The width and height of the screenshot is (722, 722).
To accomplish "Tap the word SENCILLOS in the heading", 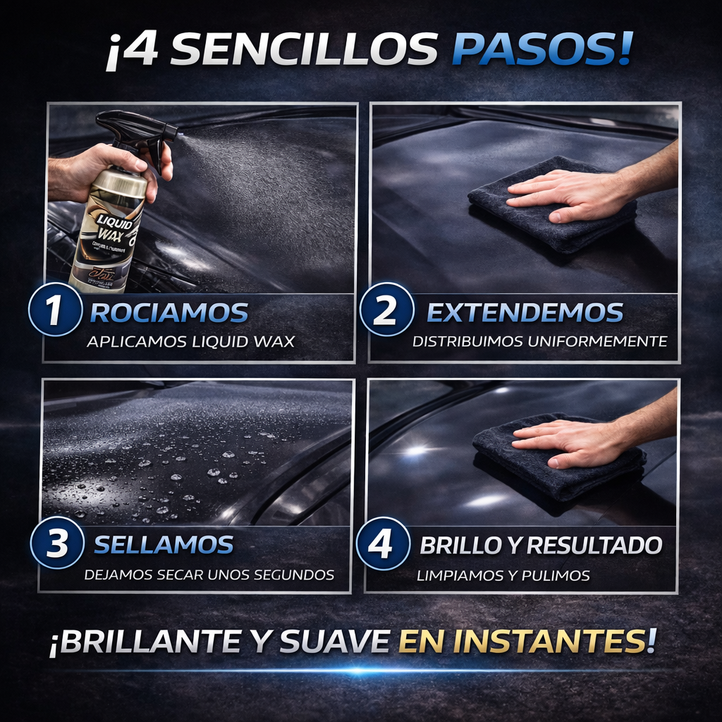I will (303, 50).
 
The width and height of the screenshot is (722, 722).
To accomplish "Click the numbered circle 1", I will (54, 310).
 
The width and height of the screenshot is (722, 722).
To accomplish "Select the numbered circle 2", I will (385, 310).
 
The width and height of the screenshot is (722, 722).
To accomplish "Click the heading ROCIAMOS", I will (169, 312).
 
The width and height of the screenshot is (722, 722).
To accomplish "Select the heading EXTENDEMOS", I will (525, 312).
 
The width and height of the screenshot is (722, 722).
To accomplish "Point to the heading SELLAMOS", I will (164, 544).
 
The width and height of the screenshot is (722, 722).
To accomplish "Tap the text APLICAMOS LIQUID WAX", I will (190, 342).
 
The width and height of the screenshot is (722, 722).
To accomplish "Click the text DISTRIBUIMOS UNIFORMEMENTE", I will (539, 342).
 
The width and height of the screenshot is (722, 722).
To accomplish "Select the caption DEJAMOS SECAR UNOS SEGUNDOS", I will (209, 575).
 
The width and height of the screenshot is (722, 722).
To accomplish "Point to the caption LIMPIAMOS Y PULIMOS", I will (503, 576).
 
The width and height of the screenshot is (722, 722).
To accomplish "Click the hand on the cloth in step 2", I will (564, 194).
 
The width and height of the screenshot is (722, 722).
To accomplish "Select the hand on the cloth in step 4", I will (571, 441).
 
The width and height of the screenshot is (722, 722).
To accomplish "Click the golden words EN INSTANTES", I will (527, 641).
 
